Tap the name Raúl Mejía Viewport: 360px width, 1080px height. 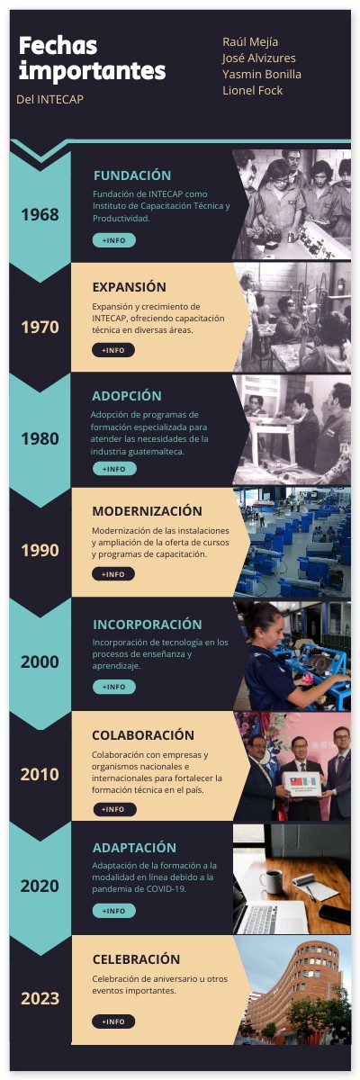(250, 41)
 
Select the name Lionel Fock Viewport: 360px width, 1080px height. (252, 90)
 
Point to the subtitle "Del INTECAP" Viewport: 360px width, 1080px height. (49, 99)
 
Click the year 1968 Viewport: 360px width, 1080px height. (40, 214)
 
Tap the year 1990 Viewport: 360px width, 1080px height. (40, 550)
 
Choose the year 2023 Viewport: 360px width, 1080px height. (40, 997)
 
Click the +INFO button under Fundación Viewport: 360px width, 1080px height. (113, 240)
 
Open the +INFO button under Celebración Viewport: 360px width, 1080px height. (113, 1021)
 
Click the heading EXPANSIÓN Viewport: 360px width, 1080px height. (129, 287)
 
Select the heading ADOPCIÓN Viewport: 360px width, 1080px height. (126, 396)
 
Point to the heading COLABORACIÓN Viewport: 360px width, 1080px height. (143, 735)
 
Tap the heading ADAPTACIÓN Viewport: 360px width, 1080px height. (134, 848)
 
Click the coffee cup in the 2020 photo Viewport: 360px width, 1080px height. (271, 878)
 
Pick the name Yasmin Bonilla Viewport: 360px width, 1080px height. (262, 74)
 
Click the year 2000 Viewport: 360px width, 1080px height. (40, 661)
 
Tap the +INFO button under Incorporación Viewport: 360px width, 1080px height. (113, 687)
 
